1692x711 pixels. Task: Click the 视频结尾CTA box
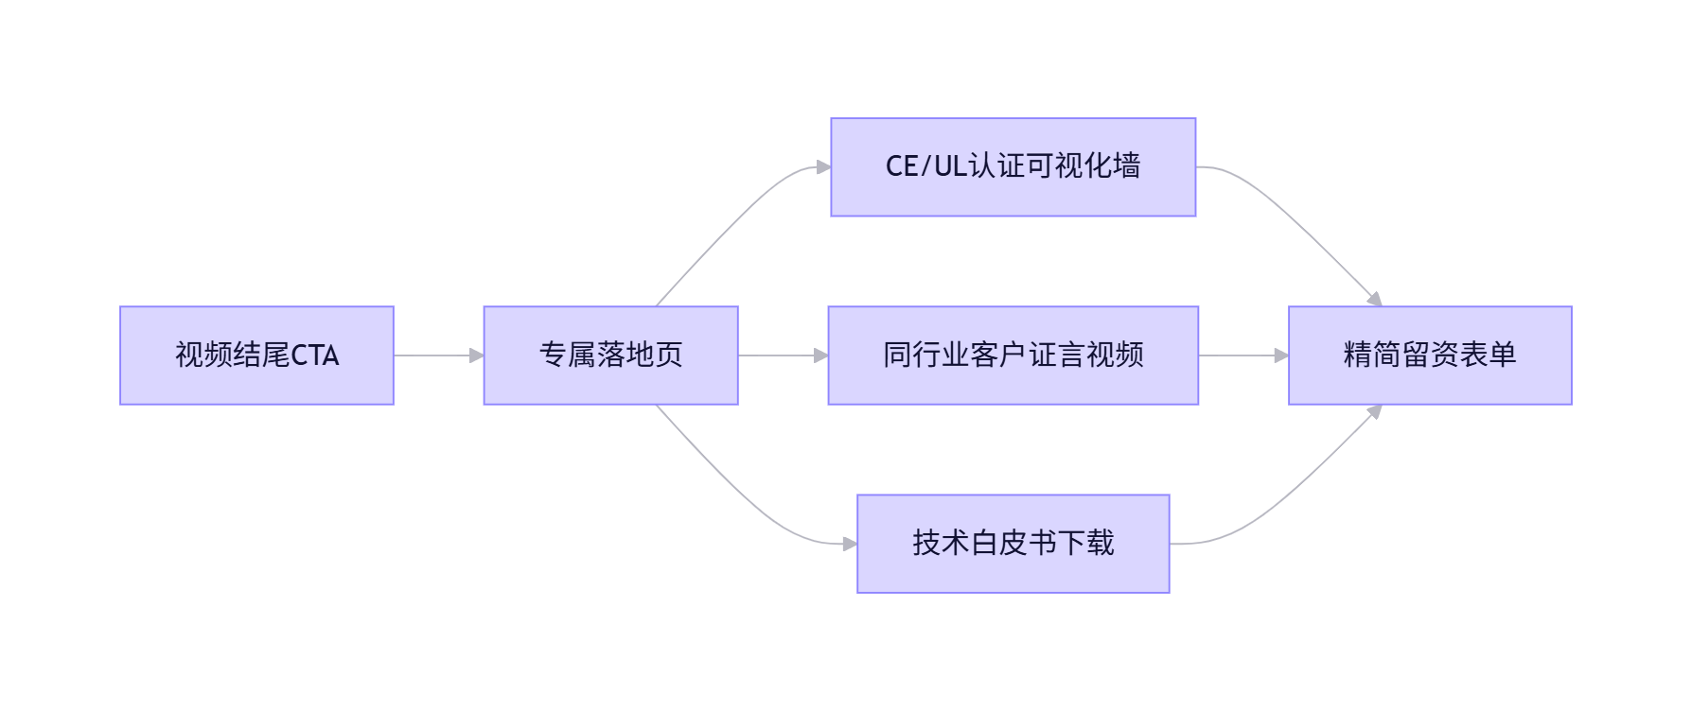tap(256, 355)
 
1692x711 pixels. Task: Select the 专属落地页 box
tap(610, 355)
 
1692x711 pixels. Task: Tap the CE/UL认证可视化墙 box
tap(1013, 167)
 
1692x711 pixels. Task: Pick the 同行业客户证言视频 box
tap(1013, 355)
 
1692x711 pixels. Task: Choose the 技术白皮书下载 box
tap(1013, 544)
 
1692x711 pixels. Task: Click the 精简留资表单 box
tap(1429, 355)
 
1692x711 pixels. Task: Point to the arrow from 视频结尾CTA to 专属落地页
tap(437, 355)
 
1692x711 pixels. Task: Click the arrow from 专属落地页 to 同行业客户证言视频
tap(782, 355)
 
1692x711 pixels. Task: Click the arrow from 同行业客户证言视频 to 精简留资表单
tap(1243, 355)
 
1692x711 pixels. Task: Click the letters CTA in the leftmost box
tap(315, 355)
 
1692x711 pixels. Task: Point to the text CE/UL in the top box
tap(925, 166)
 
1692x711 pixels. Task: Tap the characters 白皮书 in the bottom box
tap(1013, 544)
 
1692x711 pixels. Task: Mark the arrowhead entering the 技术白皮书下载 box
tap(850, 544)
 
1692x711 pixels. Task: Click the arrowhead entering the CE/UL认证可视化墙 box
tap(823, 167)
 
